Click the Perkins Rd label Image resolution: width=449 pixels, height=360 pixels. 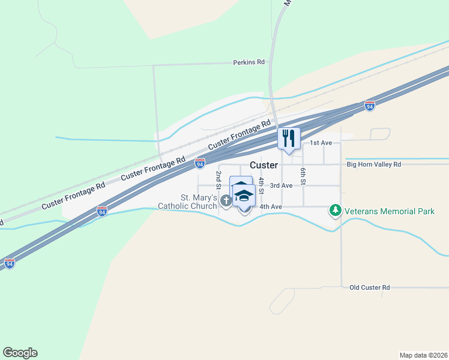click(x=249, y=62)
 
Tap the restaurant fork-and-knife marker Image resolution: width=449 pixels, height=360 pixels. click(x=289, y=139)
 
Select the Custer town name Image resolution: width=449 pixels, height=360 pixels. click(x=264, y=165)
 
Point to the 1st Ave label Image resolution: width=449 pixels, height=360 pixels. click(x=321, y=143)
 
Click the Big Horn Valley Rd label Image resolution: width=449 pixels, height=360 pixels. click(x=373, y=164)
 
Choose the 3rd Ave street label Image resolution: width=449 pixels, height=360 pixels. click(x=281, y=185)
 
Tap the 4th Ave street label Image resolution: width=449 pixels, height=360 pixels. click(x=271, y=207)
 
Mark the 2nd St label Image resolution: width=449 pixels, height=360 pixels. click(x=218, y=179)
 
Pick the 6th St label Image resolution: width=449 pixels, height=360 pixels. click(x=304, y=175)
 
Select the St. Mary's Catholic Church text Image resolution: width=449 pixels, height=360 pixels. click(x=187, y=202)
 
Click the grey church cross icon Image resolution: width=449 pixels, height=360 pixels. click(x=226, y=201)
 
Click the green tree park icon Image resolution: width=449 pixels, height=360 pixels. click(x=335, y=211)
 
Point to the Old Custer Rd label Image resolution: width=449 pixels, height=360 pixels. click(x=370, y=288)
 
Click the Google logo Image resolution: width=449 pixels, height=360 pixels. click(x=20, y=353)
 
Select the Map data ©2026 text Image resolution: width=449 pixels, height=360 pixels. click(x=423, y=355)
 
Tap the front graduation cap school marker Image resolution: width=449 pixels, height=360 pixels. click(x=244, y=197)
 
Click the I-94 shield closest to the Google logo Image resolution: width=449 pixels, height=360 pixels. click(x=10, y=263)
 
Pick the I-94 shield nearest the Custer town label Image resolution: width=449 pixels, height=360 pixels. click(x=200, y=163)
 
